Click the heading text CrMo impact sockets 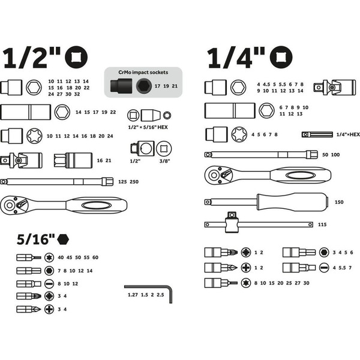tap(143, 73)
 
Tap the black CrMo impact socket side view tap(121, 86)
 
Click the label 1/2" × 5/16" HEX tap(148, 127)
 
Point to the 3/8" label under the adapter tap(164, 161)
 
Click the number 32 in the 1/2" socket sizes tap(77, 94)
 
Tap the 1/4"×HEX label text tap(348, 134)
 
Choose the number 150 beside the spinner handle tap(339, 202)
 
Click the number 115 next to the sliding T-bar tap(322, 224)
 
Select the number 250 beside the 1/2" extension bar tap(134, 182)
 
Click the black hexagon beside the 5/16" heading tap(63, 239)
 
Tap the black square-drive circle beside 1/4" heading tap(281, 58)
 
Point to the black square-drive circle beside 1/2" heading tap(76, 58)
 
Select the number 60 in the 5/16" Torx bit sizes tap(95, 257)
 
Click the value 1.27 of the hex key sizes tap(133, 295)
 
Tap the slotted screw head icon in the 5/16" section tap(49, 284)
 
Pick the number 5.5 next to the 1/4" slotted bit tap(342, 268)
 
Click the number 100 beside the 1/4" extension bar tap(335, 155)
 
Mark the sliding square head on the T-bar tap(231, 222)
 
